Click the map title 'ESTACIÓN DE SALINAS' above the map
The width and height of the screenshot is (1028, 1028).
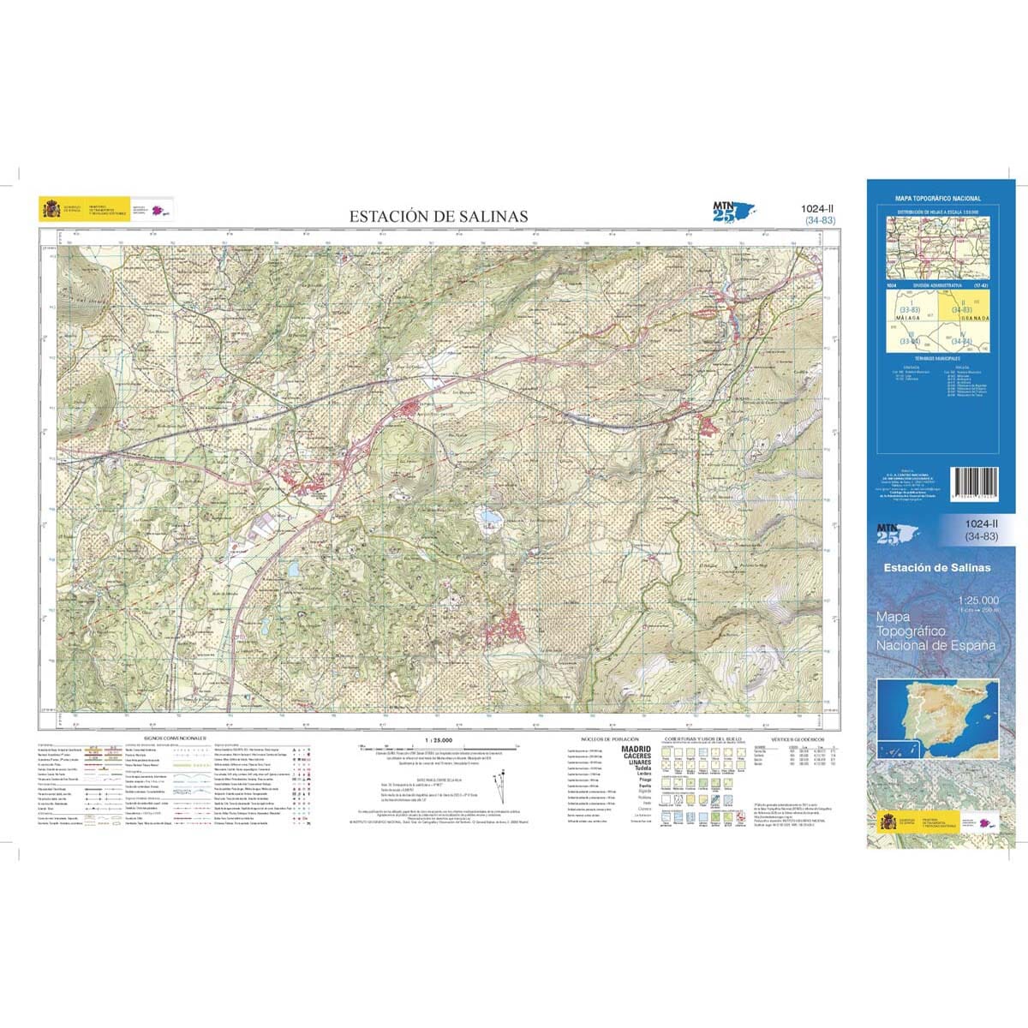438,217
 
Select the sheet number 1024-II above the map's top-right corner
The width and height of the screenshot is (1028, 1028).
820,208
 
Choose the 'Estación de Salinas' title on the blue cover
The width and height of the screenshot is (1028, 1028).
939,568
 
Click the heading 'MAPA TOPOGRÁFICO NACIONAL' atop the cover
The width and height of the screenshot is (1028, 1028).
938,198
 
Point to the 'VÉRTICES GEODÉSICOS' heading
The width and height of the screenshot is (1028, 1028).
798,737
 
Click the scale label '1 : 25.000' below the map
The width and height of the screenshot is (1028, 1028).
438,738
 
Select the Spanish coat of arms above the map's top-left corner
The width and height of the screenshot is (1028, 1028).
47,208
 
